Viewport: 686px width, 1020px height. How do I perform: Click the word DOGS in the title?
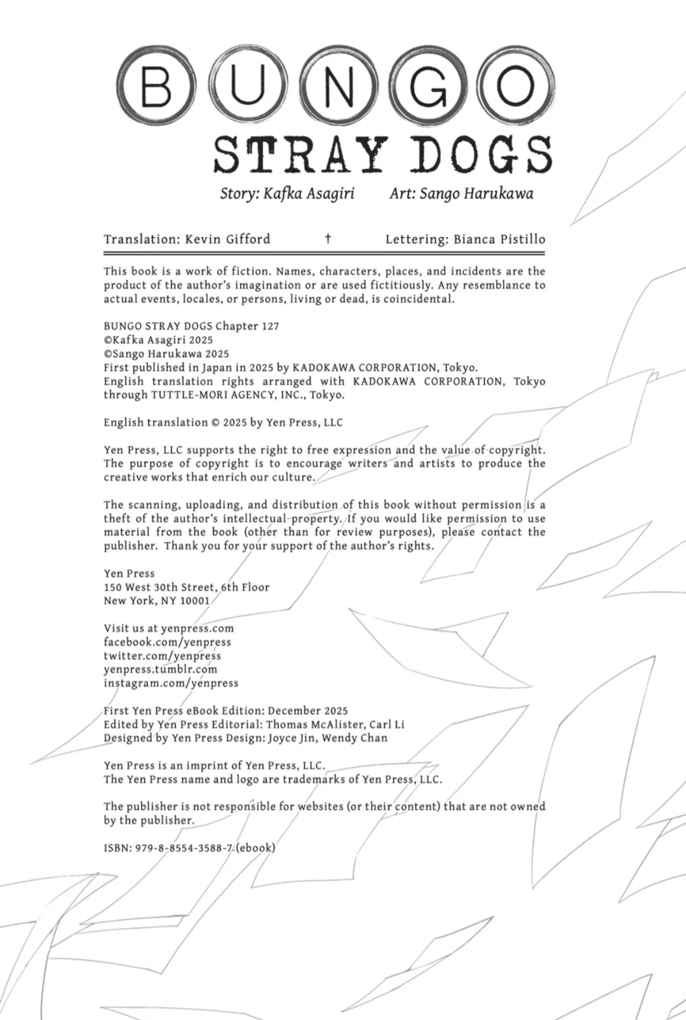(480, 155)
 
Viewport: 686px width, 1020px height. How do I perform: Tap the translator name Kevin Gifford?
(227, 240)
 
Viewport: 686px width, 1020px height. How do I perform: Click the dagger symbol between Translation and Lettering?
(328, 239)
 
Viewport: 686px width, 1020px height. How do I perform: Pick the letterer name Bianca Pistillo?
(499, 240)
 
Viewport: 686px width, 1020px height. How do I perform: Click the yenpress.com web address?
(197, 629)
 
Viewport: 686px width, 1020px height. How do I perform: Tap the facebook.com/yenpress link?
(167, 643)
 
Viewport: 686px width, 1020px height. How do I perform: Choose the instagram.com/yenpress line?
(171, 683)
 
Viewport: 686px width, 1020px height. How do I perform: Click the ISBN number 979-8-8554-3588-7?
(184, 848)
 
